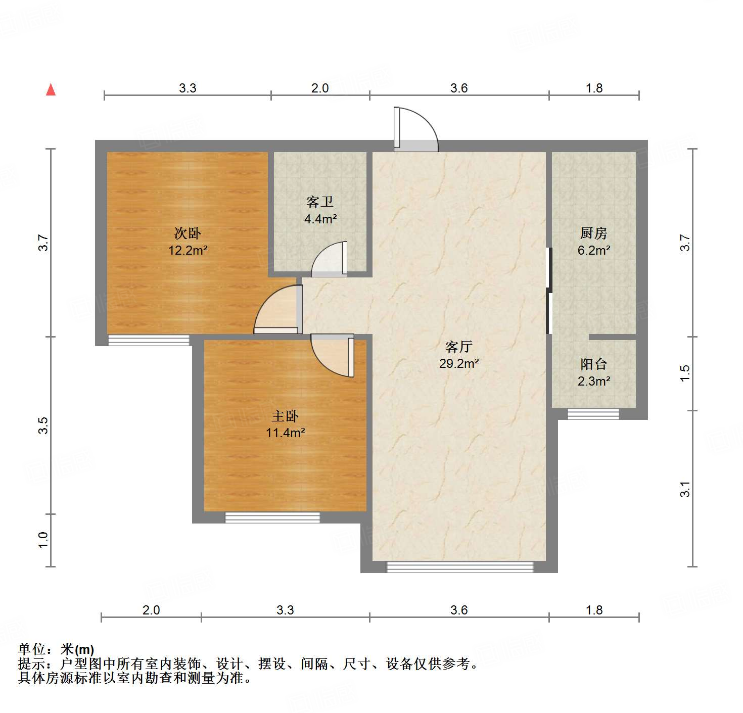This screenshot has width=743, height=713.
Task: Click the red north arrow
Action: [x=51, y=89]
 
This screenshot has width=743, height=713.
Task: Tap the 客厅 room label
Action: [x=458, y=347]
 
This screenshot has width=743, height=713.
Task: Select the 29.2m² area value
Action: [x=459, y=363]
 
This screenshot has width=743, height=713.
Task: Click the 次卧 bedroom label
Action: [x=188, y=233]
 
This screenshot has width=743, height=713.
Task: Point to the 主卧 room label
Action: [x=285, y=416]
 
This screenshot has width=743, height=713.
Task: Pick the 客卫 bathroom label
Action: [x=320, y=202]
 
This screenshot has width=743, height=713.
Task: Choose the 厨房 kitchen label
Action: [x=593, y=233]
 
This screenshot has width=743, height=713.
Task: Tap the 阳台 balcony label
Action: [x=593, y=364]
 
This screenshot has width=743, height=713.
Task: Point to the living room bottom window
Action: [x=460, y=567]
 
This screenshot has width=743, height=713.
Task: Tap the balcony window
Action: [x=593, y=414]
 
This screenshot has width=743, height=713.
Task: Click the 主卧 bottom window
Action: [x=272, y=517]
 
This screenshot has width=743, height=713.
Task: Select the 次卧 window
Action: [x=149, y=341]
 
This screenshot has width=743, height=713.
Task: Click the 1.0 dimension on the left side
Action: [x=43, y=540]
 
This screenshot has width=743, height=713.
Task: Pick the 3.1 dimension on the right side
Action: [x=685, y=489]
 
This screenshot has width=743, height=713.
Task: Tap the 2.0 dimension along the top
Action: [x=320, y=88]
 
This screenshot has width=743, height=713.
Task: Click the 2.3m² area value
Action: [x=593, y=381]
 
